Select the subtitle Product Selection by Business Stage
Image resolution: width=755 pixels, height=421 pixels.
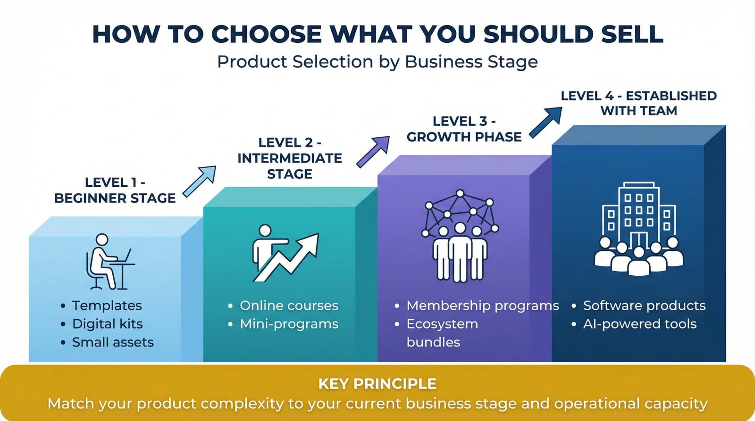(x=377, y=62)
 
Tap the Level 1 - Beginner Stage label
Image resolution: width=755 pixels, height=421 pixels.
(x=115, y=190)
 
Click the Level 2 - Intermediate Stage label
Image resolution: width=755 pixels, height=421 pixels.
(x=290, y=158)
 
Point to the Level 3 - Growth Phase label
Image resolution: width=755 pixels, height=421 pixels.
(x=464, y=129)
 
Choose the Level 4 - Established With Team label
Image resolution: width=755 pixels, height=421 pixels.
(x=638, y=103)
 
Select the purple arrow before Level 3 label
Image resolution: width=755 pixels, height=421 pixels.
(x=373, y=151)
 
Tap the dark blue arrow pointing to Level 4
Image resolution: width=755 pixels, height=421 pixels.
(x=546, y=122)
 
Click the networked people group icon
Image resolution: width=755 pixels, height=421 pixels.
(x=460, y=236)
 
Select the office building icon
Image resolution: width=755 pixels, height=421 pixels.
(x=638, y=229)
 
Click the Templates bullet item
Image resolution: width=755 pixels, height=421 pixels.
(x=107, y=305)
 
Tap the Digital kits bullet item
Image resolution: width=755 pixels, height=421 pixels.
(x=107, y=324)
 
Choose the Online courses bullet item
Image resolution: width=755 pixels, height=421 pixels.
(x=289, y=305)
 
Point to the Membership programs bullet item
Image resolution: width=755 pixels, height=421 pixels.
(x=482, y=305)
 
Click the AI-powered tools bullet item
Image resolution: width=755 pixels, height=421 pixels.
(x=639, y=324)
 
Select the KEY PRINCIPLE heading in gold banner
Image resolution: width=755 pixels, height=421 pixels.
(x=377, y=384)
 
